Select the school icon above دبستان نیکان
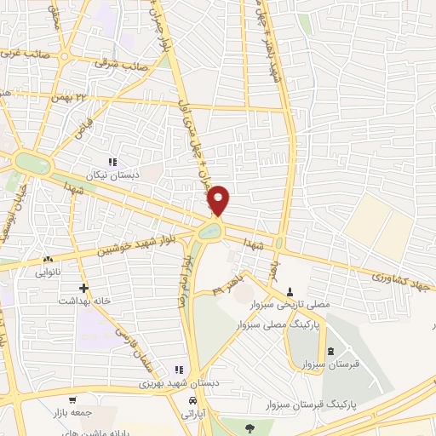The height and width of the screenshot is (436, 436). (x=112, y=161)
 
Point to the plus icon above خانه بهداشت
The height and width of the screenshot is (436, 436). (x=83, y=288)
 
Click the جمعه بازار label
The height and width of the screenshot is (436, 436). (x=93, y=411)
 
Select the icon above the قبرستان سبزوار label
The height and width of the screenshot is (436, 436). (x=330, y=352)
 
